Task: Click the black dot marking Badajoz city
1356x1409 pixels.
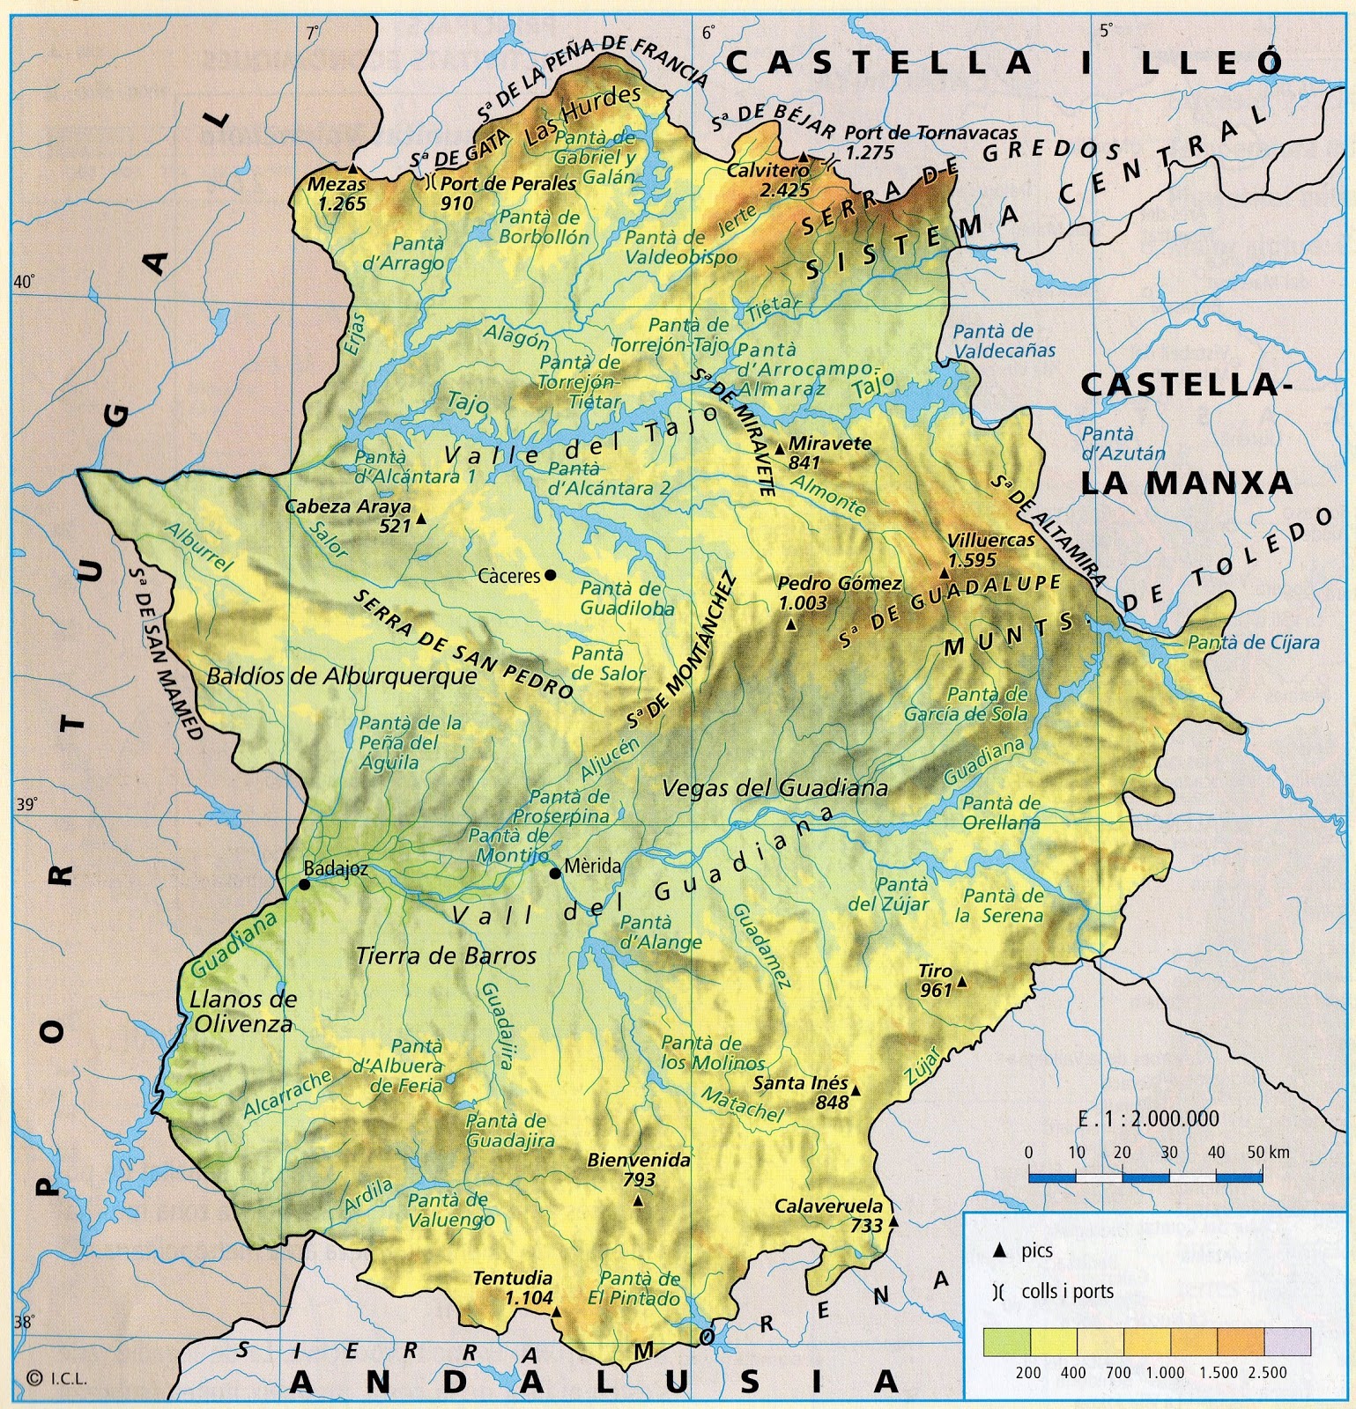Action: point(304,884)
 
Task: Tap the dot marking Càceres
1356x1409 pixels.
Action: point(551,575)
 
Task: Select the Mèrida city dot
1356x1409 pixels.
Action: point(555,873)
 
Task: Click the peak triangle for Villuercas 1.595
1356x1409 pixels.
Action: point(945,573)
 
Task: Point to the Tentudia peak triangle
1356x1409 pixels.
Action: point(557,1311)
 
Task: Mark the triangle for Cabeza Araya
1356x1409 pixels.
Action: point(421,520)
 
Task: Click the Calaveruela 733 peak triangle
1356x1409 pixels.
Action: point(893,1222)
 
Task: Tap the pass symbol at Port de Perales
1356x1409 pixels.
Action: point(431,183)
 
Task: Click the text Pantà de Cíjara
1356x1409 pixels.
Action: point(1253,643)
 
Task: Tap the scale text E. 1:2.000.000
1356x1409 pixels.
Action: point(1148,1118)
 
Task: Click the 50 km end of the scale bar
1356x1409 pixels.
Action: point(1263,1175)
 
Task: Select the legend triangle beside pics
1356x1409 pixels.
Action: point(998,1251)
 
